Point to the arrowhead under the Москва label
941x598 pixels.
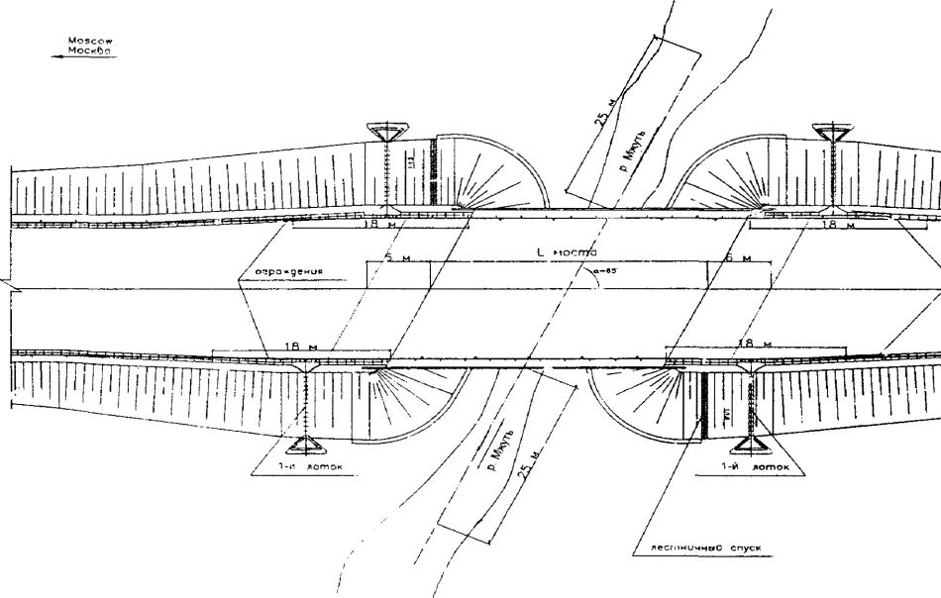coord(55,57)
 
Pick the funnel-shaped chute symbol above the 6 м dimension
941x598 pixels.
coord(831,131)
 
